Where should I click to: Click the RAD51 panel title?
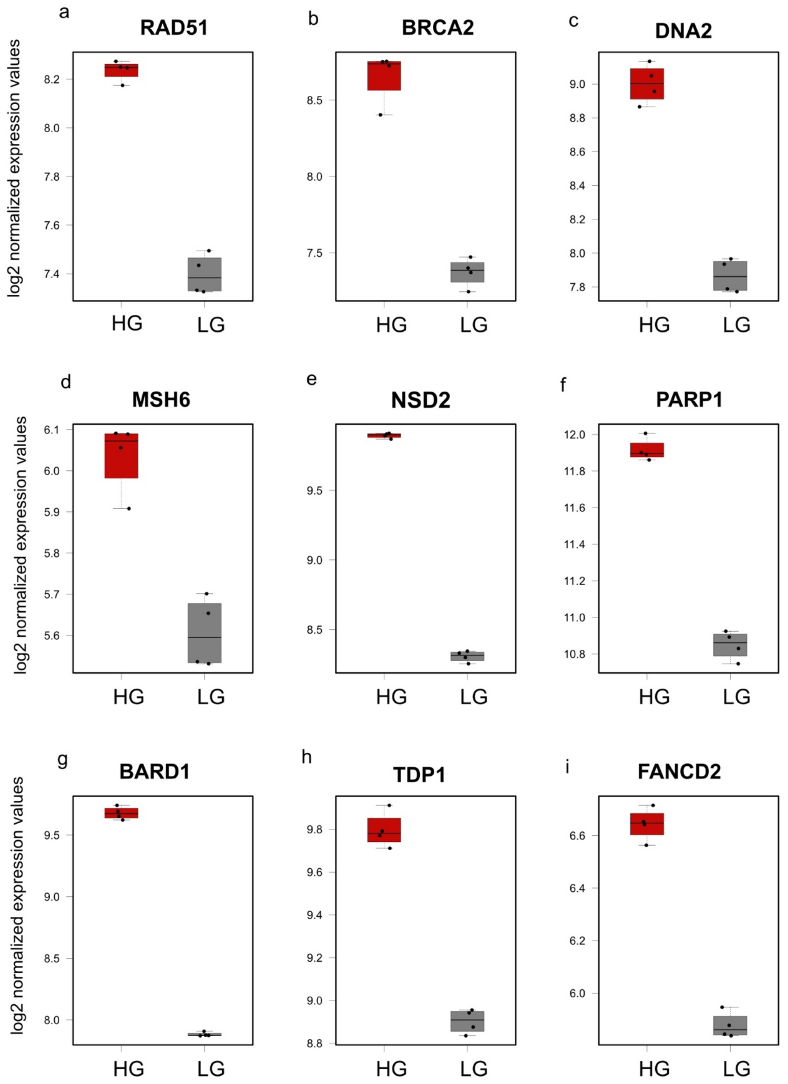pos(174,28)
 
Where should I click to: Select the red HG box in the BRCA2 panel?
pos(384,76)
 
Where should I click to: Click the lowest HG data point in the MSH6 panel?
pos(129,508)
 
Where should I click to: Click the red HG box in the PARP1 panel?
pos(647,450)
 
